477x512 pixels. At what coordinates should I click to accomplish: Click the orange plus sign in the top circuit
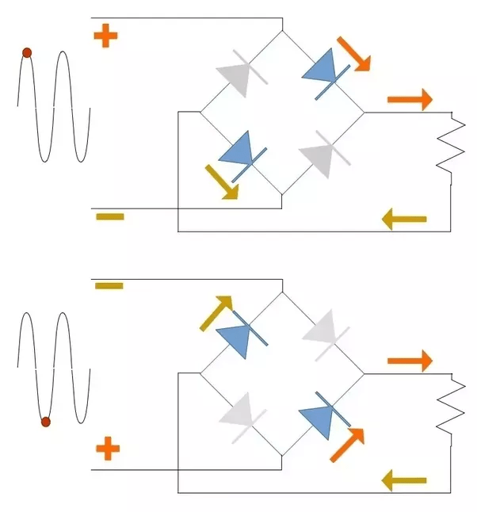(x=105, y=36)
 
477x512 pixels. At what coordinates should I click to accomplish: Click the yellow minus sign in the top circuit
(x=109, y=216)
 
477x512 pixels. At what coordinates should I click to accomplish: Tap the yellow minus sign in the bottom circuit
(x=109, y=285)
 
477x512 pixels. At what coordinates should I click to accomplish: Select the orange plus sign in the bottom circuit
(x=108, y=450)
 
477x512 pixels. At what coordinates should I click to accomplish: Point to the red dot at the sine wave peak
(x=26, y=52)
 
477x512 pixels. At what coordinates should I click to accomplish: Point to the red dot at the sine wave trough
(x=45, y=422)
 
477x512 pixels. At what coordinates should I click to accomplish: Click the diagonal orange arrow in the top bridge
(x=353, y=54)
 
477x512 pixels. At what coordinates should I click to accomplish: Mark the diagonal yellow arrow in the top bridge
(x=220, y=181)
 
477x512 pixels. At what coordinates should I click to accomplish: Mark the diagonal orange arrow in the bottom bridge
(x=347, y=445)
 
